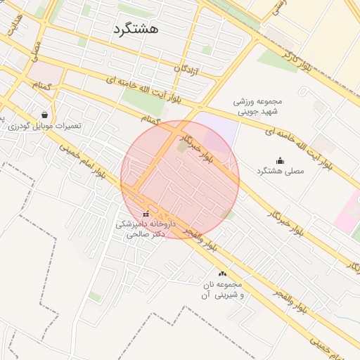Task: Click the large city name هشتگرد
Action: point(135,28)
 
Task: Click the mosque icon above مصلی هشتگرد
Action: point(280,160)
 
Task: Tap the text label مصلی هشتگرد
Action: point(280,172)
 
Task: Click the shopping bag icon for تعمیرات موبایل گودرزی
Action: point(45,115)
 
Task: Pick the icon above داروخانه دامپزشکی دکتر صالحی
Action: point(146,214)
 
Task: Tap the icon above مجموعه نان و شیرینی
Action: point(223,274)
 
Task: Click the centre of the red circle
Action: point(180,179)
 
